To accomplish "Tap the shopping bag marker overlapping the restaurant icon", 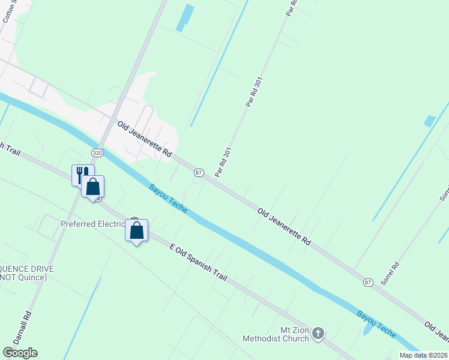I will pyautogui.click(x=93, y=187).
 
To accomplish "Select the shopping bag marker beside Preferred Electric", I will pyautogui.click(x=137, y=230).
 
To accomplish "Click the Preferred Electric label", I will pyautogui.click(x=92, y=224).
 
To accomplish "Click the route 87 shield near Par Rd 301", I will pyautogui.click(x=199, y=172).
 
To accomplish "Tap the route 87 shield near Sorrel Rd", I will pyautogui.click(x=368, y=283).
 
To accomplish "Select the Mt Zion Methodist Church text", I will pyautogui.click(x=276, y=334).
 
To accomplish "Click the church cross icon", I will pyautogui.click(x=318, y=332).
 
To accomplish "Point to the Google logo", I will pyautogui.click(x=20, y=353).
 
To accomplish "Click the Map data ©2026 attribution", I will pyautogui.click(x=423, y=355).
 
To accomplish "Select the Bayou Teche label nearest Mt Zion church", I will pyautogui.click(x=376, y=324).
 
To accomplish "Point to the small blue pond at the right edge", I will pyautogui.click(x=429, y=121).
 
